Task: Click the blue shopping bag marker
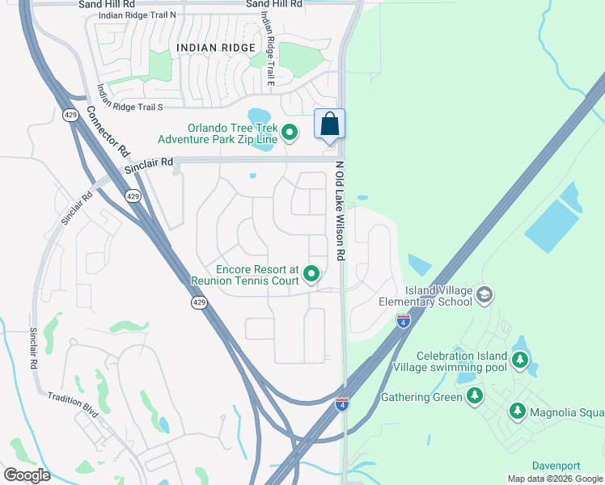(x=329, y=124)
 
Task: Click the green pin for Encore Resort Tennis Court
(x=311, y=276)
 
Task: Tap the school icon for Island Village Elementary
(x=484, y=294)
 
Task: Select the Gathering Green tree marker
(x=475, y=396)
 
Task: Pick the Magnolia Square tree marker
(x=517, y=411)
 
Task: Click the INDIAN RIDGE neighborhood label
(x=216, y=48)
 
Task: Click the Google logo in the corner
(x=27, y=475)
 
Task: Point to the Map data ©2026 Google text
(x=555, y=479)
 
